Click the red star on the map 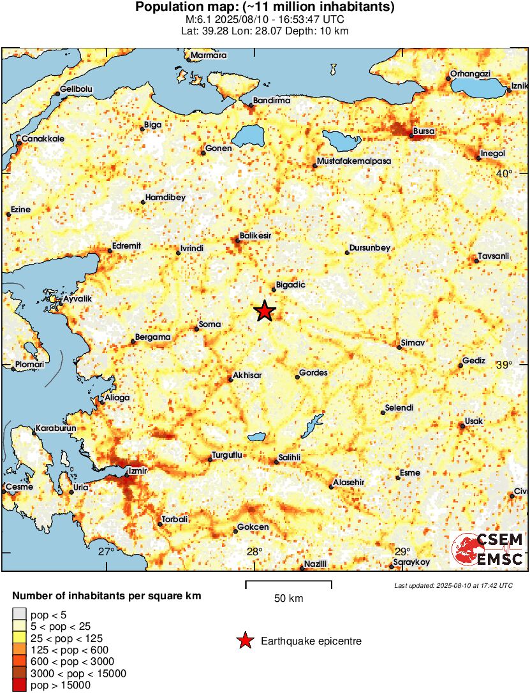(265, 311)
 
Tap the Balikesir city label (256, 235)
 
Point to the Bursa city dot (411, 135)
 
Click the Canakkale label (43, 138)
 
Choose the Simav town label (414, 343)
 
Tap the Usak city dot (462, 426)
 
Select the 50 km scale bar (288, 582)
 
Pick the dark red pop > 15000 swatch (19, 685)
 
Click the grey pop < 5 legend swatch (19, 614)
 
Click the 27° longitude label (107, 551)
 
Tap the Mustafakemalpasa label (355, 161)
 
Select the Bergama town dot (133, 342)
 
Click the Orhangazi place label (470, 74)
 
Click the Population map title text (265, 8)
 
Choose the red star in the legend (244, 641)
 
